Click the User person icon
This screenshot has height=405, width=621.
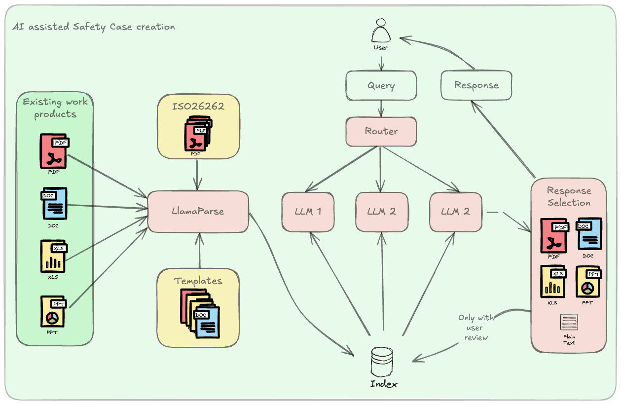pyautogui.click(x=381, y=31)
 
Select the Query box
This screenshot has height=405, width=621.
pyautogui.click(x=381, y=85)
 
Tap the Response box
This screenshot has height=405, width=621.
pyautogui.click(x=476, y=85)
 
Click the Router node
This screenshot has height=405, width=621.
pyautogui.click(x=381, y=131)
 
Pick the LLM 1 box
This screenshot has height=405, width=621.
pyautogui.click(x=308, y=212)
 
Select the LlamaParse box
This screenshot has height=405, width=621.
pyautogui.click(x=198, y=211)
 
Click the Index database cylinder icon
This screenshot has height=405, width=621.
pyautogui.click(x=383, y=362)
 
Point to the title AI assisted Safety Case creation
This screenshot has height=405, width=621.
pyautogui.click(x=94, y=27)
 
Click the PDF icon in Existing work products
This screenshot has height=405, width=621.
pyautogui.click(x=53, y=151)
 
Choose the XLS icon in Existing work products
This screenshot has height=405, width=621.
pyautogui.click(x=53, y=256)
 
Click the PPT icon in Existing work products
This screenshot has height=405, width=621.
pyautogui.click(x=53, y=311)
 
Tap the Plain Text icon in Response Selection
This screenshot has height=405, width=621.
pyautogui.click(x=569, y=323)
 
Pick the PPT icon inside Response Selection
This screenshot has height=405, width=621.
pyautogui.click(x=588, y=282)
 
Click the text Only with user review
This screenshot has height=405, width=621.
pyautogui.click(x=476, y=328)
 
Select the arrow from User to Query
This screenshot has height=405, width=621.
pyautogui.click(x=381, y=63)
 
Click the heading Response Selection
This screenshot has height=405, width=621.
pyautogui.click(x=569, y=196)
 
